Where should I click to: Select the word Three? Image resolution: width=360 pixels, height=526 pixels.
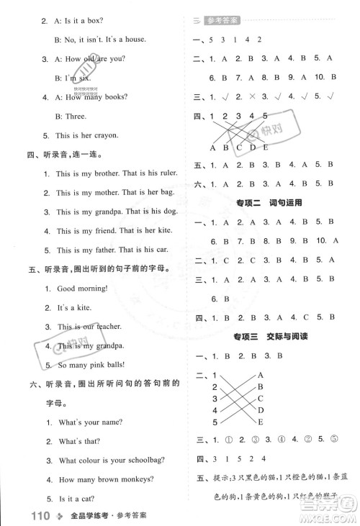coord(74,115)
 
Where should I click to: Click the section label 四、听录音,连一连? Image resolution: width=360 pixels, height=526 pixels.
coord(60,154)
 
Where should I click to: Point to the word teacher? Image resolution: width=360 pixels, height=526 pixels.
coord(115,326)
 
